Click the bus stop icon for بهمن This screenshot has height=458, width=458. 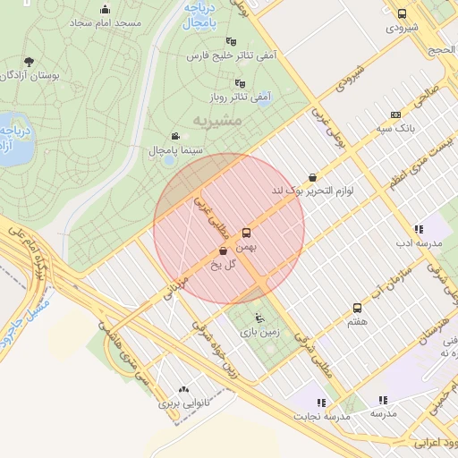click(x=247, y=233)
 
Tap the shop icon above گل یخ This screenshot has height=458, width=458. click(x=222, y=252)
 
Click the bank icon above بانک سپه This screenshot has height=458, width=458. click(x=396, y=115)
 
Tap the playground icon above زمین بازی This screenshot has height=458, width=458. click(x=259, y=318)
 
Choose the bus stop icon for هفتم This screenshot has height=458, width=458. click(x=358, y=308)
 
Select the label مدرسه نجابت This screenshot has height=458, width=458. click(x=322, y=418)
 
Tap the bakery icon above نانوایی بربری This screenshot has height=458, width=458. click(x=184, y=389)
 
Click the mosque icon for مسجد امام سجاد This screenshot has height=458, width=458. click(x=106, y=10)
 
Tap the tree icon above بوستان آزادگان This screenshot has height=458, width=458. click(x=30, y=63)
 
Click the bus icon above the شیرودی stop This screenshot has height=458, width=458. click(x=402, y=13)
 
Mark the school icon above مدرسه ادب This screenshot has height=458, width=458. click(x=419, y=229)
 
